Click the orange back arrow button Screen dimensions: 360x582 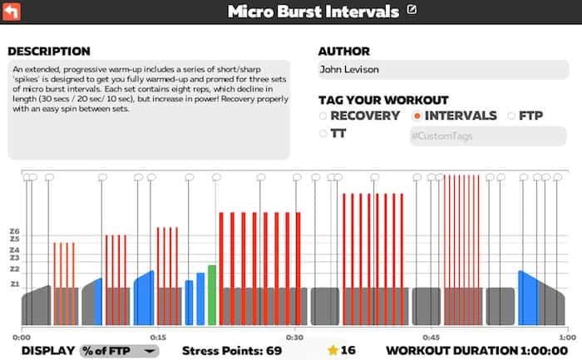click(x=12, y=12)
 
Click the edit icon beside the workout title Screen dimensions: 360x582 click(x=413, y=11)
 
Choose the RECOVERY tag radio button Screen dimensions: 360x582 click(x=323, y=116)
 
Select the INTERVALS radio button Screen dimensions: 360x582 click(x=417, y=116)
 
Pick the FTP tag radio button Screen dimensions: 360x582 click(x=511, y=116)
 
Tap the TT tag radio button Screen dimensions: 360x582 click(x=323, y=133)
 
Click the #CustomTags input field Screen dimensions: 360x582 click(x=486, y=136)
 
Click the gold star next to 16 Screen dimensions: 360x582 click(x=333, y=350)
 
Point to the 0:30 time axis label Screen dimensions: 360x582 click(x=293, y=338)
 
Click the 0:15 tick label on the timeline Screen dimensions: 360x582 click(x=158, y=338)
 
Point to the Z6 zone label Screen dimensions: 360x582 click(x=14, y=232)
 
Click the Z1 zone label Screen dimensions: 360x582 click(x=14, y=284)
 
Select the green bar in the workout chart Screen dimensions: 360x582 click(x=212, y=295)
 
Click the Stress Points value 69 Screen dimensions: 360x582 click(x=273, y=351)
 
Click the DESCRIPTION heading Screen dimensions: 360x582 click(x=49, y=52)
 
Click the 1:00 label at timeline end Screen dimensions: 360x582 click(x=565, y=338)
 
